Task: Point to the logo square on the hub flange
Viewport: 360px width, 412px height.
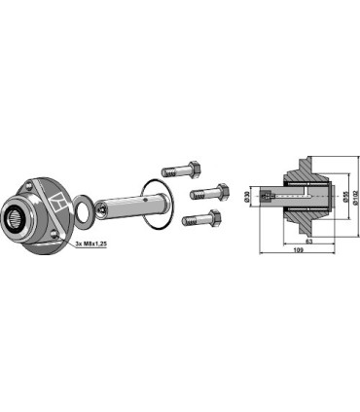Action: coord(57,205)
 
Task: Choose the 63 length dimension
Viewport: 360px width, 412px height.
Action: coord(309,239)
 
